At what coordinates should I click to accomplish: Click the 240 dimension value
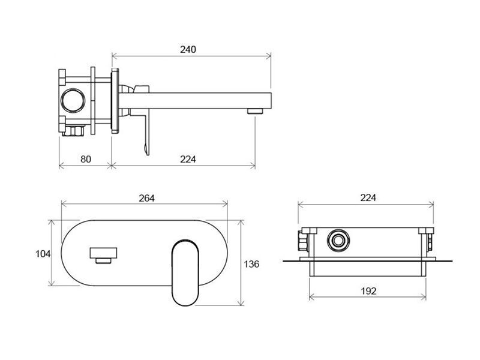tap(188, 49)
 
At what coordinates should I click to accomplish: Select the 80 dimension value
tap(86, 159)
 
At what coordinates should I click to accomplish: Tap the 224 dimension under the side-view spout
tap(188, 159)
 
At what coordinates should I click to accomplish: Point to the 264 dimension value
tap(146, 199)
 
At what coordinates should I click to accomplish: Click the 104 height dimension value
tap(43, 254)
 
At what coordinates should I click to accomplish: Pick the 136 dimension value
tap(251, 264)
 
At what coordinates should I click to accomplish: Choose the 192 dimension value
tap(368, 291)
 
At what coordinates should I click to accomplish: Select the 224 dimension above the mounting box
tap(368, 198)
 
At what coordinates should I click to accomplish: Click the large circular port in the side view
tap(73, 101)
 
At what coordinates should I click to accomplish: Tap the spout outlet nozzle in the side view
tap(255, 111)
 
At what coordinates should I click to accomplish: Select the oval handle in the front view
tap(185, 273)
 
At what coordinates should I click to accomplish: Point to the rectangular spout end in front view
tap(103, 253)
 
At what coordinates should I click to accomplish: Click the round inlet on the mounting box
tap(338, 240)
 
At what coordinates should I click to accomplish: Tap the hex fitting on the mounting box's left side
tap(303, 241)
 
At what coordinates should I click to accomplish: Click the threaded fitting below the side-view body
tap(73, 130)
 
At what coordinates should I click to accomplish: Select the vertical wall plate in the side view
tap(115, 101)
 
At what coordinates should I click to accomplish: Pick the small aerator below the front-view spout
tap(103, 260)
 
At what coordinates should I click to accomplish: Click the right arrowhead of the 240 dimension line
tap(269, 56)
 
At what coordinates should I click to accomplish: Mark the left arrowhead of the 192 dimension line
tap(311, 296)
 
